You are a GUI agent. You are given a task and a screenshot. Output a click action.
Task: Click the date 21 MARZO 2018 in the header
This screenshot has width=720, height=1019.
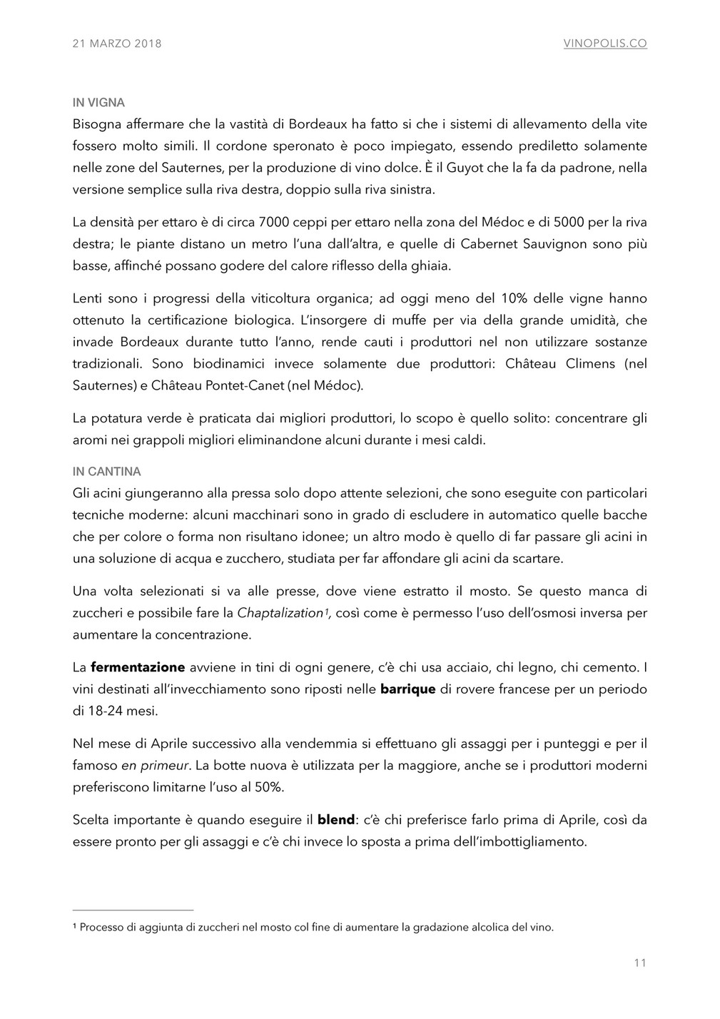pos(117,44)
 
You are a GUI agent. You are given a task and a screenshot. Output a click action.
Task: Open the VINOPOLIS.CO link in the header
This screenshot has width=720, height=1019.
pos(605,44)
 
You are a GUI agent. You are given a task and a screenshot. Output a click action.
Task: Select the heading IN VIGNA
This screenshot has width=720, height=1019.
pos(98,103)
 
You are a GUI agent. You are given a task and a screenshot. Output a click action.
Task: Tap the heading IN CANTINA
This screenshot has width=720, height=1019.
pos(107,472)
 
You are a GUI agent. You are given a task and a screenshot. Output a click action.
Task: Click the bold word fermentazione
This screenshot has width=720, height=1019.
pos(138,668)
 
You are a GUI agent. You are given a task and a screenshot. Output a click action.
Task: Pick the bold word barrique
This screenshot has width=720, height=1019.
pos(408,689)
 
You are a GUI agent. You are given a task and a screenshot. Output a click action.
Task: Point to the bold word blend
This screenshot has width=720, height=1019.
pos(336,820)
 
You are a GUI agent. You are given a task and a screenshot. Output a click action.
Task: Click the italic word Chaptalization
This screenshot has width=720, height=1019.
pos(280,613)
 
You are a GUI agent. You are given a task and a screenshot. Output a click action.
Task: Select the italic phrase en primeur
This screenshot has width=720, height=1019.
pos(155,766)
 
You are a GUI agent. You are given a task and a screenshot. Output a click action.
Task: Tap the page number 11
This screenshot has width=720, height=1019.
pos(640,963)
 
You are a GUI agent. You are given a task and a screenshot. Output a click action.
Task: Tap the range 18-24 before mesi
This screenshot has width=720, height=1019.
pos(106,711)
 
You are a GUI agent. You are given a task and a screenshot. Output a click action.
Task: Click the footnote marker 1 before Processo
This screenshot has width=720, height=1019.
pos(75,927)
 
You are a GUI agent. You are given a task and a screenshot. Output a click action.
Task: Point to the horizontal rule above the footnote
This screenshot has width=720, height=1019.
pos(133,911)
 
